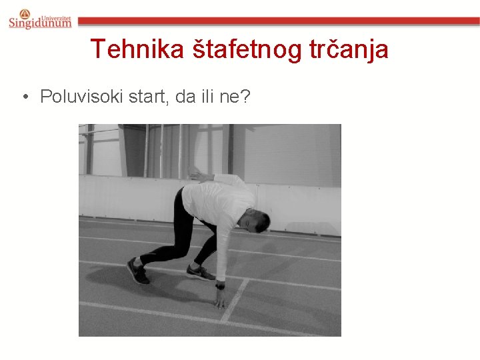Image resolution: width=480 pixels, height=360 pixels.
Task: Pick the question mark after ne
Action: coord(247,97)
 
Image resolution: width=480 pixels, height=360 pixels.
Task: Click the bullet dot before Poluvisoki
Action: coord(25,98)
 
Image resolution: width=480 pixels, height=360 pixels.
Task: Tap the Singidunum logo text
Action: coord(40,23)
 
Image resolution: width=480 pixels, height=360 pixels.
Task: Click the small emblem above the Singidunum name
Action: coord(25,13)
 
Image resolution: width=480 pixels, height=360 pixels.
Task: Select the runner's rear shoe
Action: coord(138,271)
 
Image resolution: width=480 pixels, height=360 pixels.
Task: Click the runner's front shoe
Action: coord(200,272)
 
